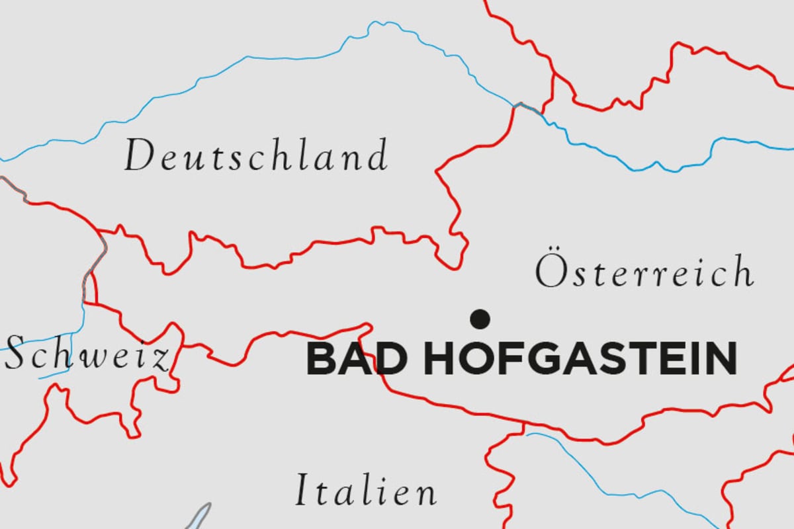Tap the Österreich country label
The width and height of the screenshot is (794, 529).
[x=644, y=272]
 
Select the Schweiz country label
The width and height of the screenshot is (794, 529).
[x=86, y=355]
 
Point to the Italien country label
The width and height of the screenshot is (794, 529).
[x=365, y=491]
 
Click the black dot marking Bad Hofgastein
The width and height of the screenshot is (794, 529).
[x=480, y=319]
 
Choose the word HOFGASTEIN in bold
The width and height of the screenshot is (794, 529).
[x=580, y=359]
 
